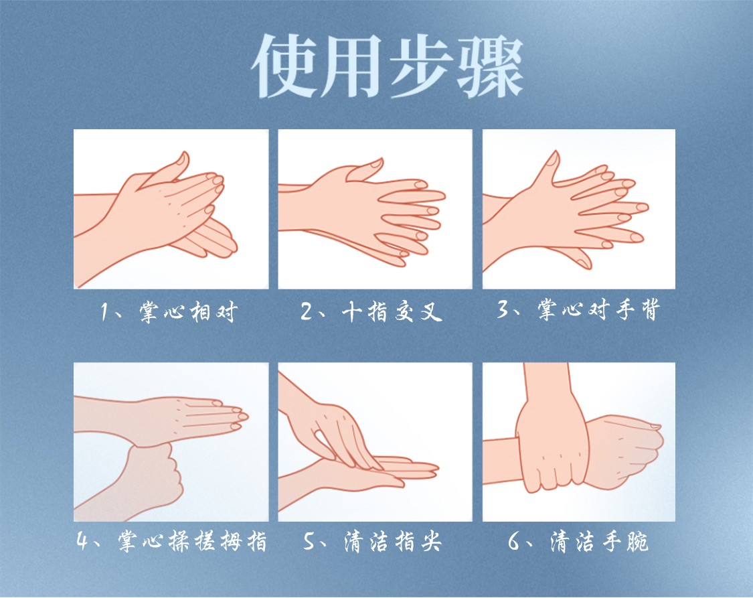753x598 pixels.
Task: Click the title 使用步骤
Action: pyautogui.click(x=387, y=66)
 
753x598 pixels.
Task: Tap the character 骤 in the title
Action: pyautogui.click(x=490, y=66)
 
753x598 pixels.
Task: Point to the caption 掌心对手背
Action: pyautogui.click(x=599, y=309)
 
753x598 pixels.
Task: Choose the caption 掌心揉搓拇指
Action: pyautogui.click(x=192, y=541)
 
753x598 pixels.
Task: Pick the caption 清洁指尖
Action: pyautogui.click(x=392, y=541)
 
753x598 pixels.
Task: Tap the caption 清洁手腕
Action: pyautogui.click(x=599, y=541)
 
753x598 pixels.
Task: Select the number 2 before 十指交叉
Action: pyautogui.click(x=307, y=312)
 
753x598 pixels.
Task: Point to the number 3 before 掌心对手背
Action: pyautogui.click(x=503, y=309)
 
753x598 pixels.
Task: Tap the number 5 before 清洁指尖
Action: pyautogui.click(x=310, y=541)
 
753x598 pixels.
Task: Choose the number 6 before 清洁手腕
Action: pyautogui.click(x=514, y=541)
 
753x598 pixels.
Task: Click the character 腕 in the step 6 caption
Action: pyautogui.click(x=637, y=541)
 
